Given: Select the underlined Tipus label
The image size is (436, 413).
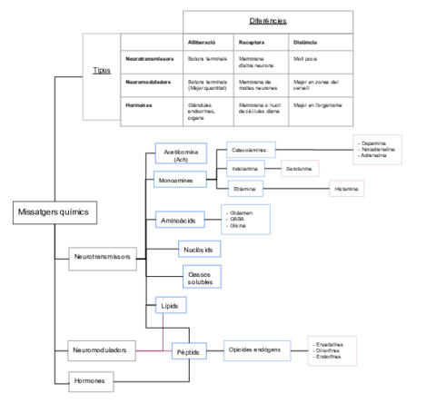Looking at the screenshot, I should click(x=102, y=70).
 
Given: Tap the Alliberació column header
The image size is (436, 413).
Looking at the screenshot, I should click(x=202, y=43).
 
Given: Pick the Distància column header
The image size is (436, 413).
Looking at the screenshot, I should click(x=305, y=43).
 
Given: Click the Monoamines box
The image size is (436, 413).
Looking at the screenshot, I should click(x=180, y=181).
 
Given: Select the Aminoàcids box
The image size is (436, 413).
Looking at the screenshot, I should click(x=181, y=221).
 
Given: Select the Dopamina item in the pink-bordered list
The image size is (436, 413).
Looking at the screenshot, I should click(x=373, y=143).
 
